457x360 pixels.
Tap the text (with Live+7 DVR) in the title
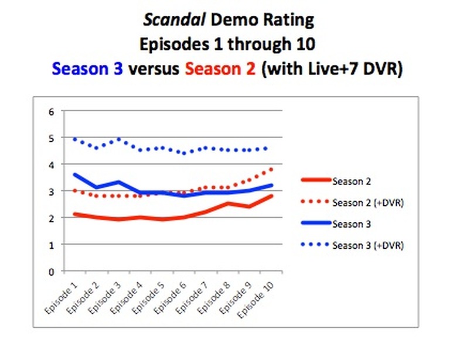point(332,69)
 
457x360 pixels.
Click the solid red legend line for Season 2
point(315,181)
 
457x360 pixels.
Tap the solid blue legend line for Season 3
point(315,224)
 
